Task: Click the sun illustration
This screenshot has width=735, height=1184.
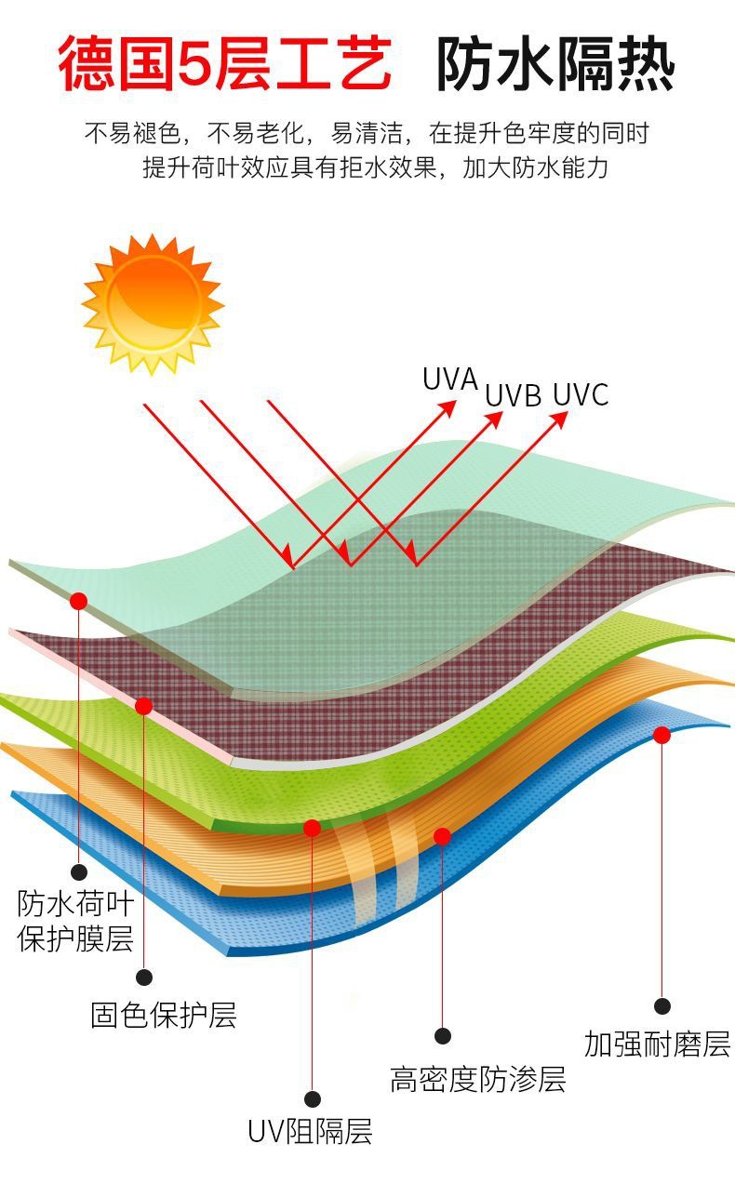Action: (x=152, y=303)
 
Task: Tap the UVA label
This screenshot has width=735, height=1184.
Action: (x=449, y=379)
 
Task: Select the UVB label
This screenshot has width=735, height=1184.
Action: (x=513, y=395)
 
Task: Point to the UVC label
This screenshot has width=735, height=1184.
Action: (x=580, y=394)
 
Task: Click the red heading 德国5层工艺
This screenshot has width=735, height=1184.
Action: (x=224, y=63)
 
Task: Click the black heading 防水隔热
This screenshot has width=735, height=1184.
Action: (x=555, y=63)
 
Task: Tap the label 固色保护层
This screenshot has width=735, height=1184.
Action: (x=163, y=1015)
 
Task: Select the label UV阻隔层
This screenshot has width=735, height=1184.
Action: (x=310, y=1132)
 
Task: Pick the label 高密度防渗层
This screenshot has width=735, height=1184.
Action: (x=477, y=1079)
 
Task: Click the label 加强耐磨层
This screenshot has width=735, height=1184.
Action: (x=657, y=1044)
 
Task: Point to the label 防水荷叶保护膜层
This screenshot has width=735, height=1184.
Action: (x=75, y=920)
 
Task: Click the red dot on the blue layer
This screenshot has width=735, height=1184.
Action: (x=661, y=735)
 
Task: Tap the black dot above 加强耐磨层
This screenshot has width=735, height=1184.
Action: (x=661, y=1005)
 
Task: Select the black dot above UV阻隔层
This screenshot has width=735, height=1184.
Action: (x=312, y=1098)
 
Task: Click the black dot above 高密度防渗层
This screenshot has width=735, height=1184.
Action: (x=442, y=1035)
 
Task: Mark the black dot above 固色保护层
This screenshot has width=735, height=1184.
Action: (x=143, y=977)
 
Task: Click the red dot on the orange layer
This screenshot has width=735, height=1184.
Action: (x=442, y=836)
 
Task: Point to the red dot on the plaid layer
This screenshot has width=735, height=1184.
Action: (x=143, y=706)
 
